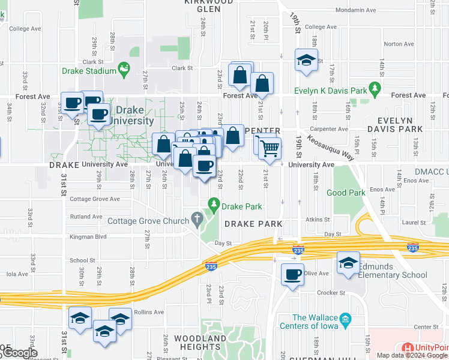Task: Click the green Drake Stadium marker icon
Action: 125,70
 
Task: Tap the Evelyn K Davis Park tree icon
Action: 376,91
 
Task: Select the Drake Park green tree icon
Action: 213,206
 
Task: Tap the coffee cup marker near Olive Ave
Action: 292,274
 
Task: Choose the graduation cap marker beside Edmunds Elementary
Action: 348,263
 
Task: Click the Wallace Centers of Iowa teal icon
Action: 345,318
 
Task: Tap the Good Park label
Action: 345,193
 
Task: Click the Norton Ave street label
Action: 399,44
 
